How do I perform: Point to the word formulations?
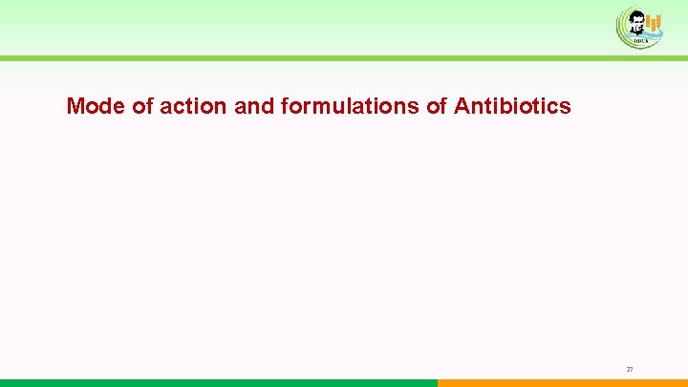click(352, 106)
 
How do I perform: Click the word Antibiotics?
click(512, 106)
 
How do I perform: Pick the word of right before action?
click(142, 106)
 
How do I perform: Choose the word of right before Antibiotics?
click(438, 106)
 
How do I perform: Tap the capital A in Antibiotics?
click(462, 106)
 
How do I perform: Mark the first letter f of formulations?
click(286, 106)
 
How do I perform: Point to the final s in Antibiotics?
click(566, 107)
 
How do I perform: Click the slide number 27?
click(630, 369)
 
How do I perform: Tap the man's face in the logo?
click(635, 21)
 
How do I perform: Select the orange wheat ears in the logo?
click(654, 23)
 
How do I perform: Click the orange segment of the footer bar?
click(563, 383)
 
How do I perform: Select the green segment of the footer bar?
click(219, 383)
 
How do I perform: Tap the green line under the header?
click(344, 58)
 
